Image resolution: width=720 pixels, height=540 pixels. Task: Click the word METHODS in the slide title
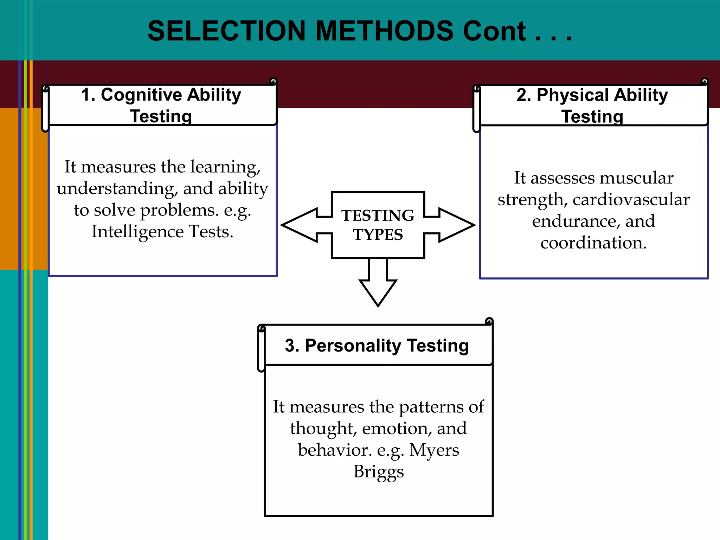point(384,31)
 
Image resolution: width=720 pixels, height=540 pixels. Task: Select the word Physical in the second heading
point(573,95)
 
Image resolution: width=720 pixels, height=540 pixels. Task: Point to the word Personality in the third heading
point(353,346)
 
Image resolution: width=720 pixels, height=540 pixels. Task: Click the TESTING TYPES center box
point(378,225)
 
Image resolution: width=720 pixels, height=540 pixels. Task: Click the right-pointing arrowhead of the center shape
point(457,225)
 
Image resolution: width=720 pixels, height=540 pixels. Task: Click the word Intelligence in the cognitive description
point(137,232)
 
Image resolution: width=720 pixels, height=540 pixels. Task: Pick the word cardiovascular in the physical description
point(631,200)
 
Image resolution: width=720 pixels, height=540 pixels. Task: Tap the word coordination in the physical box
point(593,243)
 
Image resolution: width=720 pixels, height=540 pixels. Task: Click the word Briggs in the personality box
point(379,472)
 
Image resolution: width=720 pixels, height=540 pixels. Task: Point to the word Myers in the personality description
point(434,450)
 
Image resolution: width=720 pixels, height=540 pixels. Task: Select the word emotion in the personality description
point(395,429)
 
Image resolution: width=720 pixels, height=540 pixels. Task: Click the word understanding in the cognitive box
point(116,189)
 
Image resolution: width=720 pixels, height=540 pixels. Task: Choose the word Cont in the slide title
point(494,31)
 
